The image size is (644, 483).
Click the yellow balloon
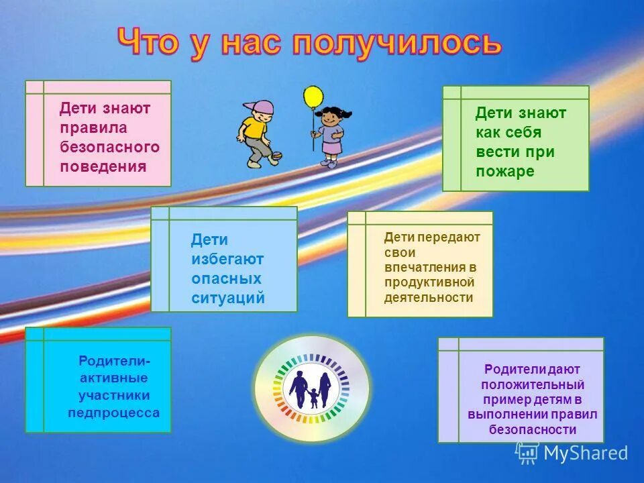pyautogui.click(x=313, y=97)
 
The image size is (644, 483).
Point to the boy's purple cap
pyautogui.click(x=260, y=108)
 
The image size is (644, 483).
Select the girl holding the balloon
pyautogui.click(x=329, y=135)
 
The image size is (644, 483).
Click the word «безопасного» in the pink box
pyautogui.click(x=110, y=147)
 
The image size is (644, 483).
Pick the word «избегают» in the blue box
pyautogui.click(x=227, y=259)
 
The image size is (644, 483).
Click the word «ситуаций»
pyautogui.click(x=228, y=298)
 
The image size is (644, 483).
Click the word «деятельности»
pyautogui.click(x=429, y=297)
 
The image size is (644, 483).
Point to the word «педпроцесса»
pyautogui.click(x=113, y=413)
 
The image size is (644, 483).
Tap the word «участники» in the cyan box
pyautogui.click(x=114, y=395)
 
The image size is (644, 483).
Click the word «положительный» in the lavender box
pyautogui.click(x=533, y=384)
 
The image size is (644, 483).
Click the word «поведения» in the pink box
pyautogui.click(x=103, y=166)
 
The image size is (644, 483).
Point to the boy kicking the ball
pyautogui.click(x=258, y=134)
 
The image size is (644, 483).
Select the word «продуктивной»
pyautogui.click(x=429, y=282)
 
